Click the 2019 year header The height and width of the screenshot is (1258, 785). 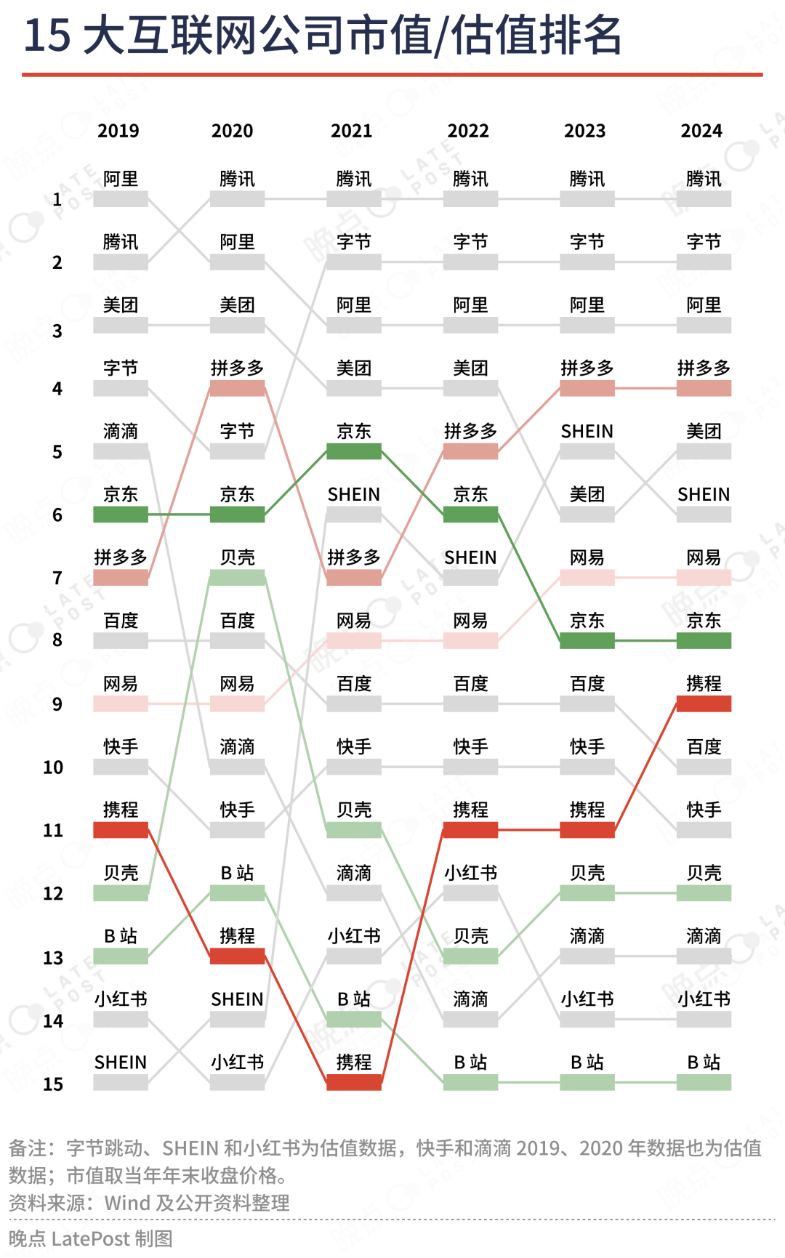(118, 131)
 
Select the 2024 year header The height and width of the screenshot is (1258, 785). (701, 131)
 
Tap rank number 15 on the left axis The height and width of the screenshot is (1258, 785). (53, 1084)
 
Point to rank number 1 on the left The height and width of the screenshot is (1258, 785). (57, 199)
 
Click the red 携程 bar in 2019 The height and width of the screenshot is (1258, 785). (121, 830)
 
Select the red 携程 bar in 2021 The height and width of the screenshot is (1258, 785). (354, 1083)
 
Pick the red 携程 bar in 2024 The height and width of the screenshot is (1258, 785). (704, 703)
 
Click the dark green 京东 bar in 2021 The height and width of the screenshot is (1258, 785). (354, 451)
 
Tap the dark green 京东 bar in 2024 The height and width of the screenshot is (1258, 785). (704, 640)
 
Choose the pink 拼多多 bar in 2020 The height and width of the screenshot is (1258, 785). (237, 388)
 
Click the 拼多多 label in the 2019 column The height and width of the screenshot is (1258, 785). (121, 557)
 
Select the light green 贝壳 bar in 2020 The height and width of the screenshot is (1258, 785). (237, 578)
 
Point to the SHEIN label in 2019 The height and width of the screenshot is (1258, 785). (121, 1063)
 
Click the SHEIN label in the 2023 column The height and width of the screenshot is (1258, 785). (587, 432)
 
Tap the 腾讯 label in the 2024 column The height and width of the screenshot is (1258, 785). (704, 179)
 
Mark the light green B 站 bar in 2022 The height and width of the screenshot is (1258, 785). (470, 1083)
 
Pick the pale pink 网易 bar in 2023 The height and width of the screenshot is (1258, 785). (587, 578)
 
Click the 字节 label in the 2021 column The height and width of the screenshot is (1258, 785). (354, 242)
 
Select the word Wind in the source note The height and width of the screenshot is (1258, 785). (127, 1203)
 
